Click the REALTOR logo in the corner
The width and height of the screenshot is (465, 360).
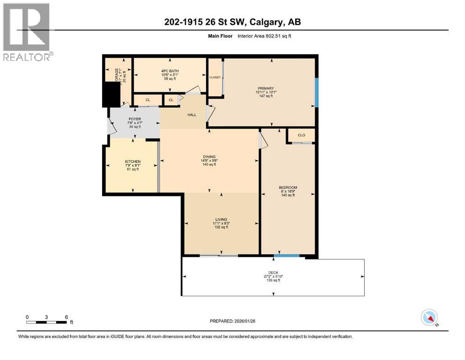click(26, 31)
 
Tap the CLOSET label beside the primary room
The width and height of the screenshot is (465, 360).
click(215, 77)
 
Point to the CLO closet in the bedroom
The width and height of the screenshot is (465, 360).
click(301, 135)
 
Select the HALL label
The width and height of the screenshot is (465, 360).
click(192, 114)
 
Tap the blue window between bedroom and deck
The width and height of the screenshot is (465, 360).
click(287, 256)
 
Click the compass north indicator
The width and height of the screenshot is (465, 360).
click(429, 318)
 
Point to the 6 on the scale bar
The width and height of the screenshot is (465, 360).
click(66, 317)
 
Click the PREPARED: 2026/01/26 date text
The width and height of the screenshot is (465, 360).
click(232, 322)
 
